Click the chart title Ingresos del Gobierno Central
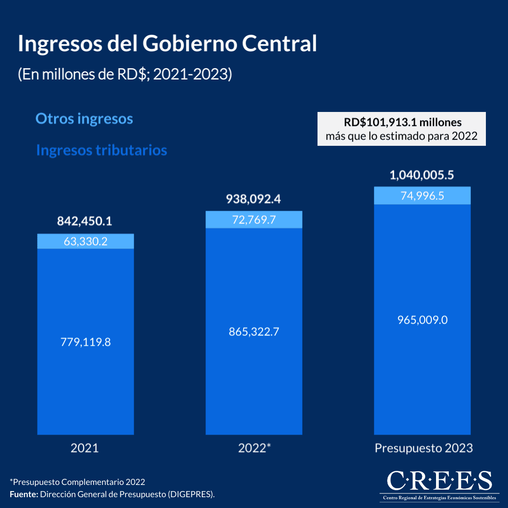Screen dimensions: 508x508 pos(167,44)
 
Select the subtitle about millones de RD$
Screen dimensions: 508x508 pos(125,75)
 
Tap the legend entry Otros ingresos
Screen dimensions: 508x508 pos(84,119)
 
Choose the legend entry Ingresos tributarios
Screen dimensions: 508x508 pos(102,150)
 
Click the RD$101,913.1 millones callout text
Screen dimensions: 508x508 pos(402,123)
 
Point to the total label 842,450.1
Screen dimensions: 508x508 pos(85,221)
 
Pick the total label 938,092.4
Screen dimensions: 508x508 pos(254,199)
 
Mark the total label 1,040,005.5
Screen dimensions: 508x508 pos(421,175)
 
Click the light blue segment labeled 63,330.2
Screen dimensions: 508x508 pos(85,241)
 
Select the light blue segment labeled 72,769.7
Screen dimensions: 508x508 pos(254,219)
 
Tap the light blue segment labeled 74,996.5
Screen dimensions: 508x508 pos(422,196)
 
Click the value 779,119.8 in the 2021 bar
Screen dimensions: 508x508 pos(85,342)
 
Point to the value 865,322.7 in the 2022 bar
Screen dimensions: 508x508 pos(254,332)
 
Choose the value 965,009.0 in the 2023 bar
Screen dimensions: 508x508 pos(422,320)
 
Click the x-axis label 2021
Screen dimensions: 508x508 pos(85,448)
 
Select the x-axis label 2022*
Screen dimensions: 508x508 pos(254,448)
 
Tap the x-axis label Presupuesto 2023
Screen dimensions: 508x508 pos(423,448)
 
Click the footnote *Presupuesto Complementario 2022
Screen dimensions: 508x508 pos(77,482)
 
